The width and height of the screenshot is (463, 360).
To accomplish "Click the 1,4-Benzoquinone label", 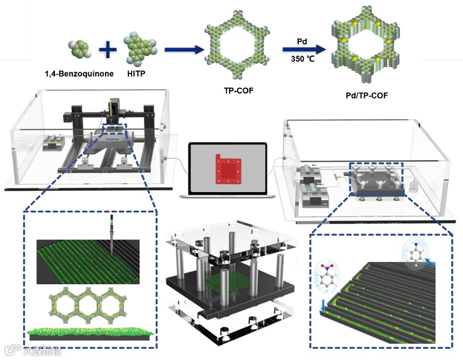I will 79,75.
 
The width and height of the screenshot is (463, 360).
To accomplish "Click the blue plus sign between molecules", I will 109,49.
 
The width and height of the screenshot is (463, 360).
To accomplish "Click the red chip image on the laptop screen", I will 228,170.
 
